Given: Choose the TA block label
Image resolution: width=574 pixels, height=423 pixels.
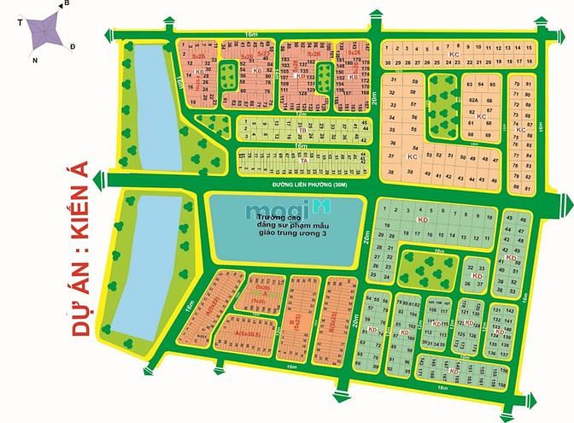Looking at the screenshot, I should (303, 160).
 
